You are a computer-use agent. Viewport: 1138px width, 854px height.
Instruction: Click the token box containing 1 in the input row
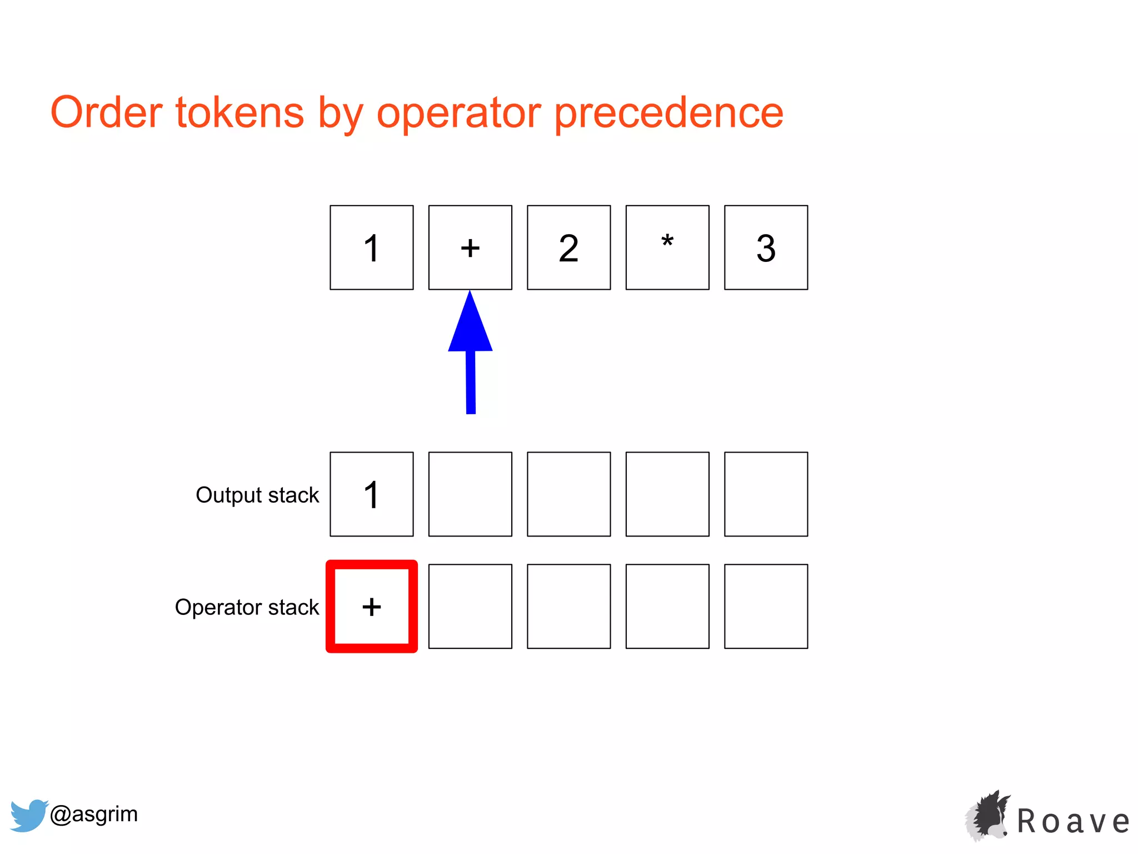371,247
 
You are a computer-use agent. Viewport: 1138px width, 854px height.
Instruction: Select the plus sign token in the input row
470,247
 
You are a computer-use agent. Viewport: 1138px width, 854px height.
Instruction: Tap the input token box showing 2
568,247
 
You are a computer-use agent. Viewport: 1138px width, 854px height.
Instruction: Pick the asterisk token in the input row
667,247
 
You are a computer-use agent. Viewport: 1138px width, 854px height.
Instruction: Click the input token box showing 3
766,247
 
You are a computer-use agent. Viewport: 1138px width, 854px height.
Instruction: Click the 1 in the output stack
371,494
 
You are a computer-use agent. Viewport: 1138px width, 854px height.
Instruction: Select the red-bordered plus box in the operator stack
371,606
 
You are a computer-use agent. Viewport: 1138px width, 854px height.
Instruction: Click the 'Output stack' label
257,495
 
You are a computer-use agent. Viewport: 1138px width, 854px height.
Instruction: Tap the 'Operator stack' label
247,607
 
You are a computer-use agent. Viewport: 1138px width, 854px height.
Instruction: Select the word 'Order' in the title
106,113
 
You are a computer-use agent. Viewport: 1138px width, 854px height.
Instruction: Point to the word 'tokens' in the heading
239,113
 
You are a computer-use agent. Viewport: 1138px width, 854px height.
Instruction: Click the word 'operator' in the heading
458,113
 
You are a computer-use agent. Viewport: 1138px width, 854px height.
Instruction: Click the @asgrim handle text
94,814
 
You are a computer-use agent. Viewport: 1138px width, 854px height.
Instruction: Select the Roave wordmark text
1073,822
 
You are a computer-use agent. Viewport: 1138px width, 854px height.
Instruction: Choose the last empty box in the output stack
766,494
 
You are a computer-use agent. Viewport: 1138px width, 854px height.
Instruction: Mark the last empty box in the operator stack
766,606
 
